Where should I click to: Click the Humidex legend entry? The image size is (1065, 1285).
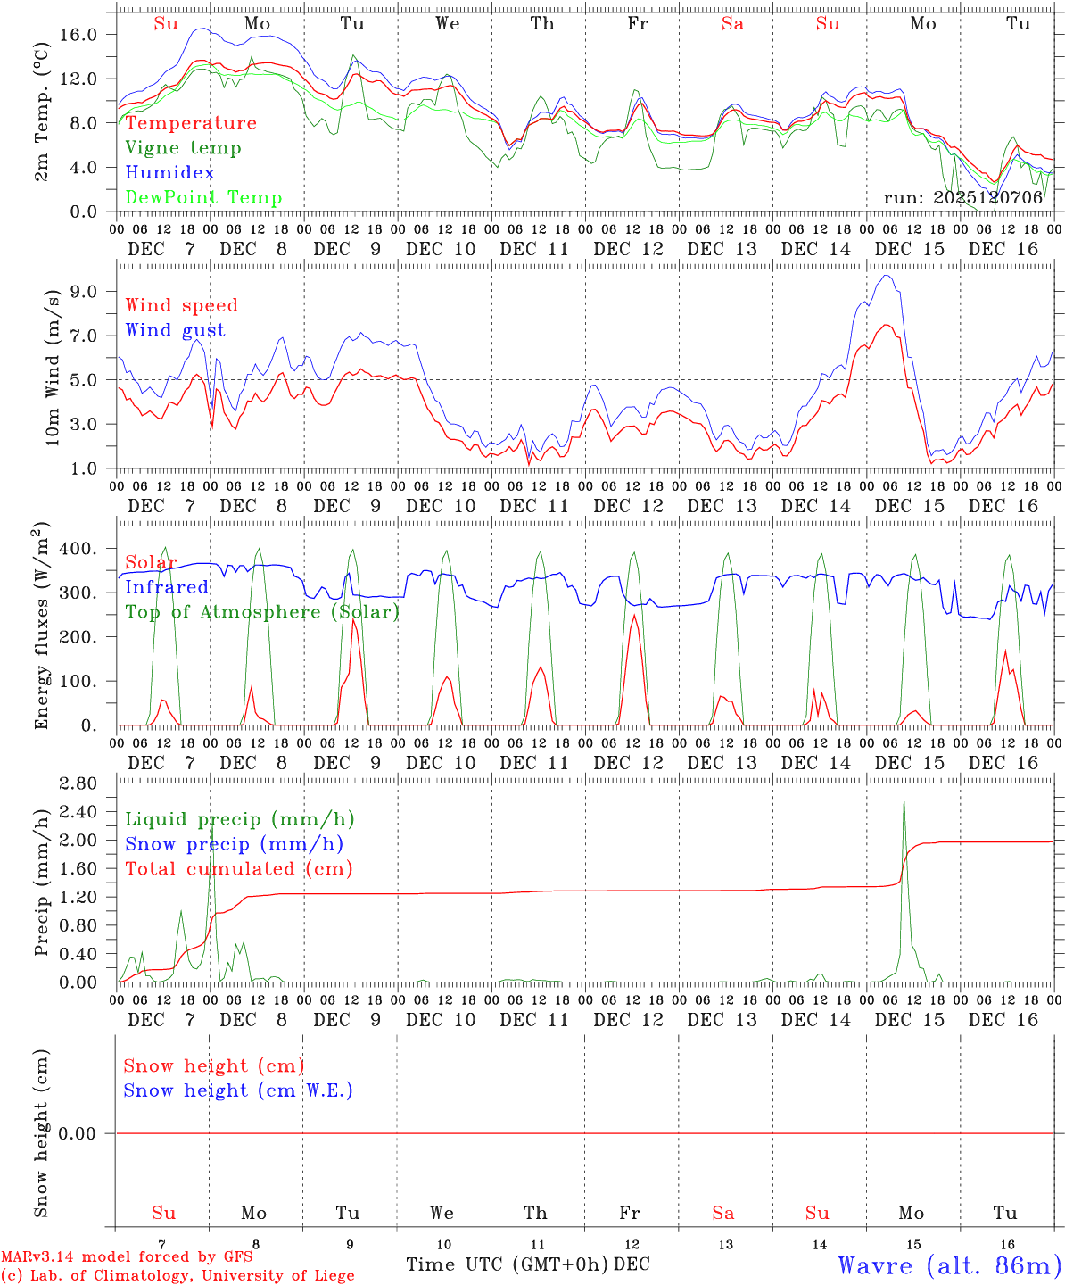tap(157, 172)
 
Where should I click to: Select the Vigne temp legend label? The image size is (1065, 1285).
tap(183, 148)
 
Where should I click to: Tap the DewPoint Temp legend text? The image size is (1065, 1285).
tap(203, 197)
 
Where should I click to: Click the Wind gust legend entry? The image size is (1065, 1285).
tap(175, 330)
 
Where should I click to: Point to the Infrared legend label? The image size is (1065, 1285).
tap(167, 587)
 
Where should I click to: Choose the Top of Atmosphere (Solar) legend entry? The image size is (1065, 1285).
tap(261, 612)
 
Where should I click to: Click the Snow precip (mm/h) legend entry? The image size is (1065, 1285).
tap(234, 844)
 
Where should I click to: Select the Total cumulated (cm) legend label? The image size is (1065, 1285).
tap(238, 868)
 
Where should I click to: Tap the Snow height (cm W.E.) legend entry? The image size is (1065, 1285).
tap(238, 1090)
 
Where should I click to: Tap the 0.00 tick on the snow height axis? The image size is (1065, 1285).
tap(88, 1133)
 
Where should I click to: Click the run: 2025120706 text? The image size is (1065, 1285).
tap(962, 197)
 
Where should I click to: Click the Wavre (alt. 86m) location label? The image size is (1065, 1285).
tap(949, 1265)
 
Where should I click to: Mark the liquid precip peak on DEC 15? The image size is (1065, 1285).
tap(904, 797)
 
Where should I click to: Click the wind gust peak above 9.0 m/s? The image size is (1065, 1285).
tap(886, 276)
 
